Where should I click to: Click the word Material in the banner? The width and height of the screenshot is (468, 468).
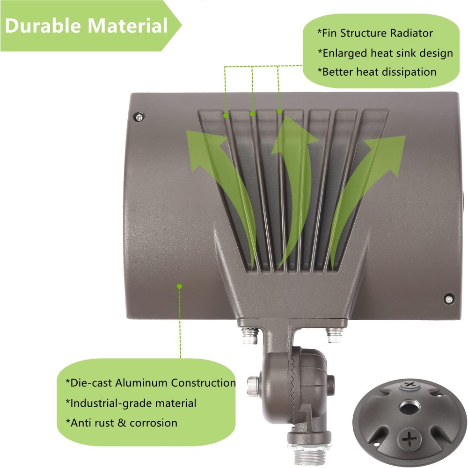127,25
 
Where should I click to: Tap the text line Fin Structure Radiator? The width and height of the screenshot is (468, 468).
375,33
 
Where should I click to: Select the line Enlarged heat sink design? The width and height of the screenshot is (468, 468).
385,53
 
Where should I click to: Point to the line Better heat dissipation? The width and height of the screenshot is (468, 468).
377,72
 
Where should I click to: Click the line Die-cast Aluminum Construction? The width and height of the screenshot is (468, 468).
151,382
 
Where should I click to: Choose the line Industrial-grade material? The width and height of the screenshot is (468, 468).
131,403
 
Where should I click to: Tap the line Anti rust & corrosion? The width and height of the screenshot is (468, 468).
121,423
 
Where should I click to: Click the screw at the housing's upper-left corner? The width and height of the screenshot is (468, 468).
139,117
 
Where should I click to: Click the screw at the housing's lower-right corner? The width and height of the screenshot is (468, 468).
448,299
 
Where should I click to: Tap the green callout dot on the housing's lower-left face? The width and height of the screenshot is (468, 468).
179,287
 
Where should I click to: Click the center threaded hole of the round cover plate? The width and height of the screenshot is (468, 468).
409,408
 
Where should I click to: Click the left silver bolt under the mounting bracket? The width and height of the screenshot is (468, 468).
250,336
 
